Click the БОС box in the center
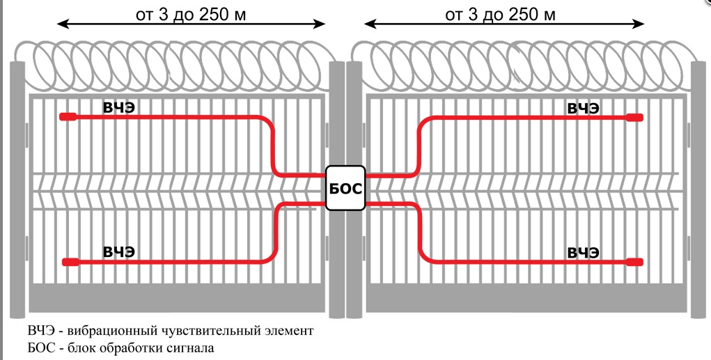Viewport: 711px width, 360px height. coord(345,188)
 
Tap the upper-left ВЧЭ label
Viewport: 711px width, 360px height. coord(119,109)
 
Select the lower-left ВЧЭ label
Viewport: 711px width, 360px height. coord(119,252)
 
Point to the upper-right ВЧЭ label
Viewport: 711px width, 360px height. coord(584,109)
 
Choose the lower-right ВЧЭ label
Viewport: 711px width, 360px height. coord(584,253)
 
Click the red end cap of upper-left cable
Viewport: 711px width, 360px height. coord(68,117)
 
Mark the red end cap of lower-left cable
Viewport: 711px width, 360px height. coord(70,262)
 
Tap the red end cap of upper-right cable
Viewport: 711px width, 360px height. coord(635,118)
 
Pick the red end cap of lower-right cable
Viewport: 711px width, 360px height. coord(635,262)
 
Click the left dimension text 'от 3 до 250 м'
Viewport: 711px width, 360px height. coord(191,15)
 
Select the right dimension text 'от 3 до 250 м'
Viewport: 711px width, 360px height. coord(500,15)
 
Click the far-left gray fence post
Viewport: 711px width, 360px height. coord(17,189)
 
